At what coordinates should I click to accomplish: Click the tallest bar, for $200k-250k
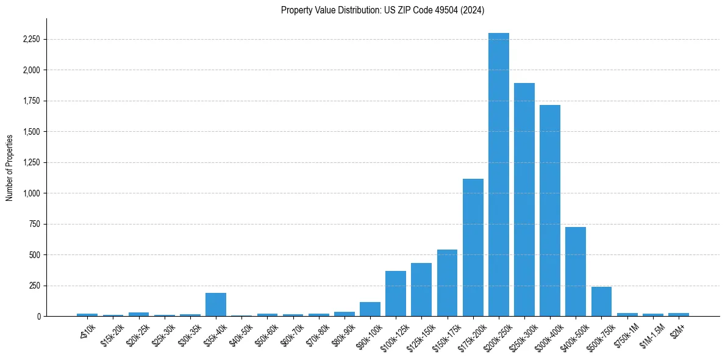tap(498, 175)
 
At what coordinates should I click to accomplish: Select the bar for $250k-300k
tap(524, 200)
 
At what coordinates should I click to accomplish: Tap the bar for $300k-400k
tap(550, 211)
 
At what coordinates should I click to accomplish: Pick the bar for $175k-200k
tap(473, 247)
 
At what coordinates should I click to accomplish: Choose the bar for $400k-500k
tap(576, 272)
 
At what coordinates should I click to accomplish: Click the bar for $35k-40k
tap(216, 304)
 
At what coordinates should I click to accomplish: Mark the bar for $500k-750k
tap(601, 301)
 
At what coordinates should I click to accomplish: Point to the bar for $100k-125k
tap(396, 293)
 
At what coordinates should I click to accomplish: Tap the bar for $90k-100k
tap(370, 309)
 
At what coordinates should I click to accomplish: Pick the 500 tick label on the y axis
tap(34, 255)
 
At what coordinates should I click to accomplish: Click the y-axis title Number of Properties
tap(9, 168)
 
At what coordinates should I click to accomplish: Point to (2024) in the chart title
tap(473, 10)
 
